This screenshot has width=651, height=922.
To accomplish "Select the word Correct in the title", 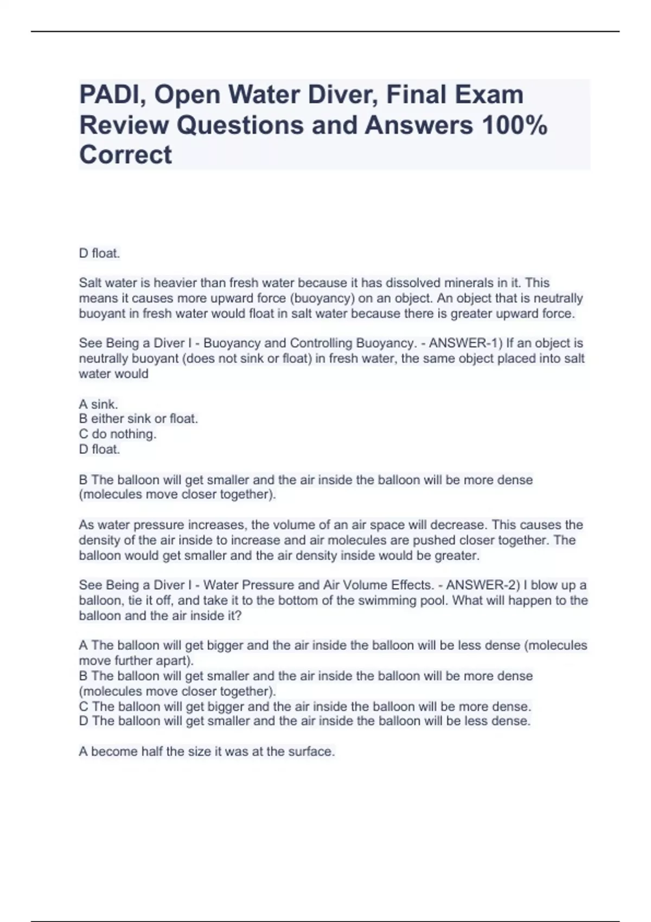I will point(125,155).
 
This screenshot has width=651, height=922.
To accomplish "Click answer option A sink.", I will point(98,404).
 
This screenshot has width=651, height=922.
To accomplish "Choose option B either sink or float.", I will point(138,419).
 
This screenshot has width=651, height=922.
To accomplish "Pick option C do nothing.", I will point(118,434).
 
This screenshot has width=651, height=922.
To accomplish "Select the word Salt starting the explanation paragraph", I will point(91,283).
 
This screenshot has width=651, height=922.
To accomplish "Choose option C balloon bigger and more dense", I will point(305,706).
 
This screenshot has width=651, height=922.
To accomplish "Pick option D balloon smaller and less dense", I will point(305,721).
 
